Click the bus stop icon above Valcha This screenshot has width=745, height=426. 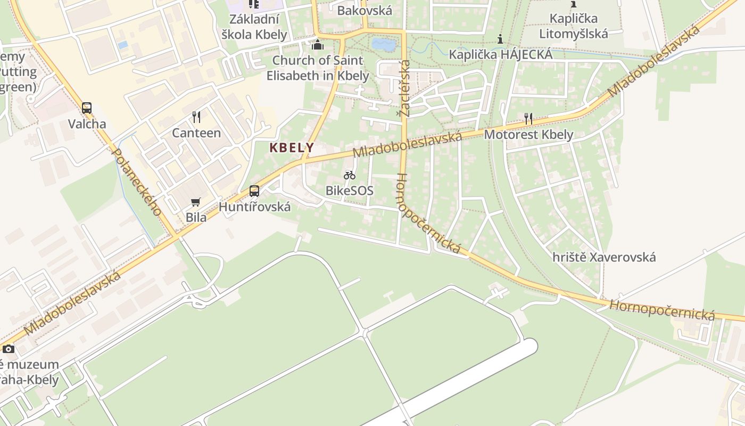(x=87, y=108)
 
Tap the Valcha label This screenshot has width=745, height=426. (x=87, y=124)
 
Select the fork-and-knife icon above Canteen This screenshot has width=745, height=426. (x=196, y=117)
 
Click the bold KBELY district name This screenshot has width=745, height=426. (x=292, y=148)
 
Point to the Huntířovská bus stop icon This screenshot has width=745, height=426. (x=254, y=191)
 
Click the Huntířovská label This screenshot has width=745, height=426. (x=255, y=207)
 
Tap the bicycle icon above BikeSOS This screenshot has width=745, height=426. (x=349, y=175)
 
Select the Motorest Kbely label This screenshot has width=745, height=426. (x=528, y=134)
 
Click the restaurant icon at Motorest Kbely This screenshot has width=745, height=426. (x=528, y=119)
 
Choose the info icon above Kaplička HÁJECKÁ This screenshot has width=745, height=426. (x=500, y=39)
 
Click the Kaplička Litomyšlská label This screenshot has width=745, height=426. (x=573, y=26)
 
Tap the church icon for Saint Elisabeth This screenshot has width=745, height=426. (x=318, y=45)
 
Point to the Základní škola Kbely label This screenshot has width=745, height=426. (x=254, y=27)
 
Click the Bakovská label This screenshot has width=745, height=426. (x=365, y=10)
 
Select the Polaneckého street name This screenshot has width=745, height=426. (x=137, y=182)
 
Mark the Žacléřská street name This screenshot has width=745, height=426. (x=405, y=88)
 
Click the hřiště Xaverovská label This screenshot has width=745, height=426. (x=604, y=257)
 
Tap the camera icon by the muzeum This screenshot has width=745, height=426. (x=9, y=349)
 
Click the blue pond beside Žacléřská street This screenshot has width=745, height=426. (x=384, y=45)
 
